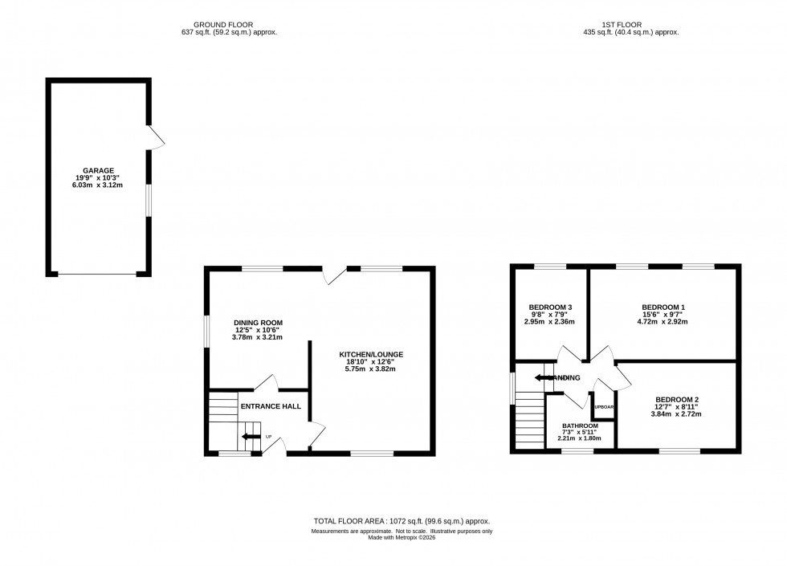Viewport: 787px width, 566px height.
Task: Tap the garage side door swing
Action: pos(157,138)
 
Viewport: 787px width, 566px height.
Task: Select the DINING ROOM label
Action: pos(259,323)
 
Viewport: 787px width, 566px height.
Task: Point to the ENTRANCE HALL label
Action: pos(271,406)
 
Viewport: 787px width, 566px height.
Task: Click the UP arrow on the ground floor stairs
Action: pos(251,437)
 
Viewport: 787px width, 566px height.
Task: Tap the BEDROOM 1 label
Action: pos(663,307)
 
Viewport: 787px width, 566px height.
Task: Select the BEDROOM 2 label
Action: pos(677,400)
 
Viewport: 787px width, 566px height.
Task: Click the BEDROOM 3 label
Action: pos(550,307)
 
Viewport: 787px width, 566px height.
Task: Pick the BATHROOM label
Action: pos(580,426)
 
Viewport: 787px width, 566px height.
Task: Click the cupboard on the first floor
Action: pos(603,408)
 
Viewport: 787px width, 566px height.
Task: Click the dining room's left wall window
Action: pos(206,331)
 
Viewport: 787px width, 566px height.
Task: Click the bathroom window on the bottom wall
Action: pos(577,450)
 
